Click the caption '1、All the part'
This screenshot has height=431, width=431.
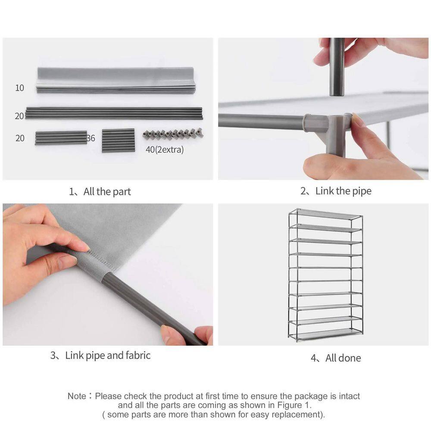tap(100, 192)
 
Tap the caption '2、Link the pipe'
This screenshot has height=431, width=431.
tap(336, 191)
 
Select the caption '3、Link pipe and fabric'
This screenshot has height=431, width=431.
tap(100, 356)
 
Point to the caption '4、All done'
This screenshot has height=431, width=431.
tap(336, 358)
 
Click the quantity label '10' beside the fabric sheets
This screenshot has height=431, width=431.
tap(19, 88)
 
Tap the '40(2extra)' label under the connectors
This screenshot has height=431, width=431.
tap(165, 150)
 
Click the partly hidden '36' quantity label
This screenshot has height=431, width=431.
tap(91, 138)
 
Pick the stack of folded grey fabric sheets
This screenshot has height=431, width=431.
tap(116, 80)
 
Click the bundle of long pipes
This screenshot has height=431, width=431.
tap(114, 113)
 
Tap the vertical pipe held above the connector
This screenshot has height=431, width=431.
tap(337, 67)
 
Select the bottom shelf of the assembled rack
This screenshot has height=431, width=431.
tap(326, 334)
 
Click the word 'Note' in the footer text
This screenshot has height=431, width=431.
tap(77, 396)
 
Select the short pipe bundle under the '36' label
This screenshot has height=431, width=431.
tap(119, 140)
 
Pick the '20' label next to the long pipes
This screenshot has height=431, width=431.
tap(19, 116)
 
